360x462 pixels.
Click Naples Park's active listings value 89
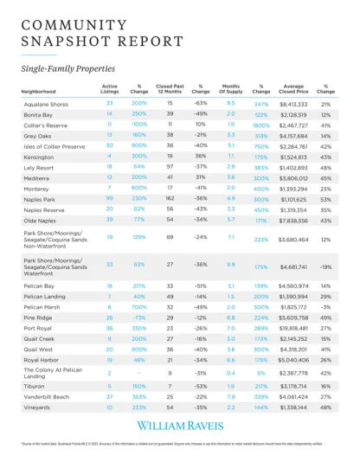pyautogui.click(x=110, y=197)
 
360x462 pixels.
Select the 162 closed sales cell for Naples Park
pyautogui.click(x=170, y=197)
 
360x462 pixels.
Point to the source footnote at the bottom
pyautogui.click(x=179, y=442)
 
